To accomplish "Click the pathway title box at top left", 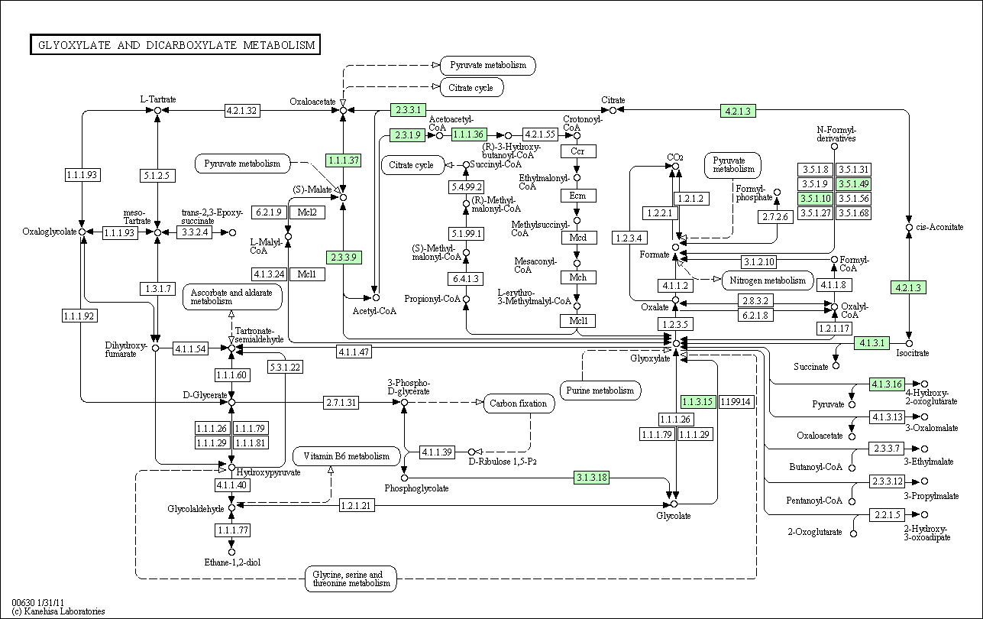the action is click(x=175, y=45).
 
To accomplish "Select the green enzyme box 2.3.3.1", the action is click(x=408, y=110).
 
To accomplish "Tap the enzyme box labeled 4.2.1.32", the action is click(x=242, y=111).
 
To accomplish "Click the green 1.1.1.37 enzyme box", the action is click(x=344, y=160).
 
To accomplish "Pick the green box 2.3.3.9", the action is click(x=344, y=258).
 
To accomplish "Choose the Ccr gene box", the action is click(x=578, y=151).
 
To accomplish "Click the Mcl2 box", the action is click(x=307, y=212).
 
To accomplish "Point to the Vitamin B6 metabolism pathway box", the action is click(x=347, y=456).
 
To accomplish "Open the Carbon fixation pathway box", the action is click(x=519, y=403).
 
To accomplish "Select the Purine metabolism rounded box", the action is click(x=600, y=391).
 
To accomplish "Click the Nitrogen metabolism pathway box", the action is click(x=768, y=280).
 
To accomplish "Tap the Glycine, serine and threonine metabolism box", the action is click(x=351, y=578).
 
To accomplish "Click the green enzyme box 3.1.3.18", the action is click(x=591, y=477).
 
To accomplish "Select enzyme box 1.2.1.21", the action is click(x=357, y=506).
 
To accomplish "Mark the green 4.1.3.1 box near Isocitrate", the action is click(x=871, y=343).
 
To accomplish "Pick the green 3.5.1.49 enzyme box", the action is click(x=854, y=184).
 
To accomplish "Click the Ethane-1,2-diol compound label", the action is click(x=232, y=562).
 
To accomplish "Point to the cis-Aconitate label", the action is click(x=939, y=227).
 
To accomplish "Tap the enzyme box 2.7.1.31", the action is click(x=341, y=403).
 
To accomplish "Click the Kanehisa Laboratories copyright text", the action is click(x=58, y=611).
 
